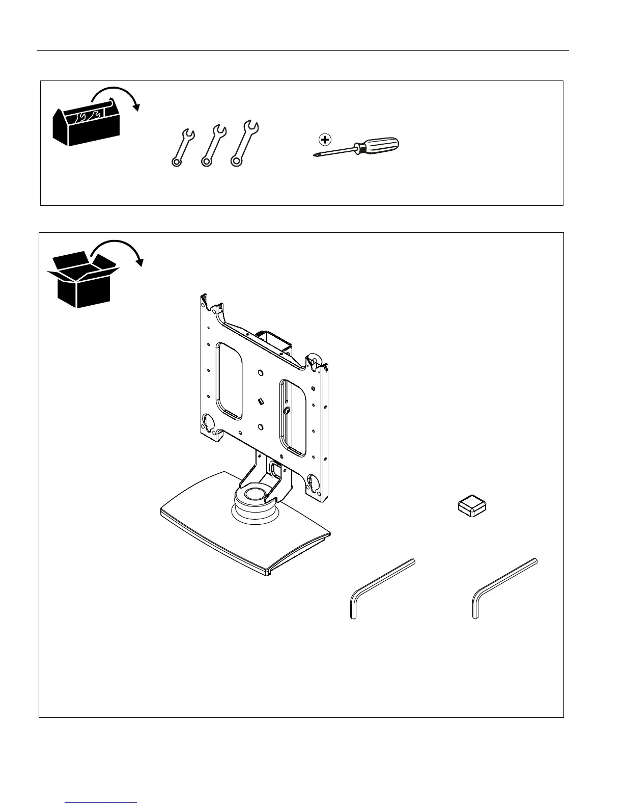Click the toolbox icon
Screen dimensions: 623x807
(86, 124)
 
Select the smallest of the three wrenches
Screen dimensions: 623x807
(182, 148)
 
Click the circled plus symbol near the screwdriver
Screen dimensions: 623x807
(324, 139)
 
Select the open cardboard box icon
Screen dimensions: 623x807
(81, 280)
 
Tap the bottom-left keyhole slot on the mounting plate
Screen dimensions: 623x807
(208, 421)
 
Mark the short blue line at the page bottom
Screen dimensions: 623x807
(101, 802)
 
